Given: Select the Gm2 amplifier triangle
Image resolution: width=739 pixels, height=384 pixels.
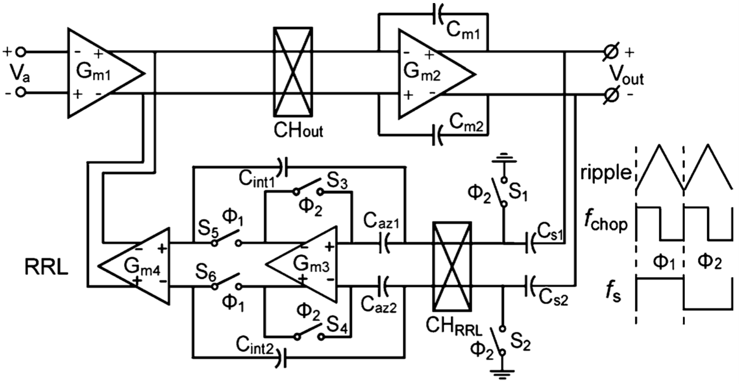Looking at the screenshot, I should [430, 74].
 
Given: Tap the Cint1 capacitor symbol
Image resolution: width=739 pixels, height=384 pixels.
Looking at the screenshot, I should [283, 167].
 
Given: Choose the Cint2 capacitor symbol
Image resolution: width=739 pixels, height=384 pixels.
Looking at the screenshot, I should [283, 359].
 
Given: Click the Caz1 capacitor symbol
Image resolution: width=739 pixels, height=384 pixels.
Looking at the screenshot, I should [384, 243].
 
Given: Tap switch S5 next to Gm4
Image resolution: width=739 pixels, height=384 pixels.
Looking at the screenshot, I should [226, 240].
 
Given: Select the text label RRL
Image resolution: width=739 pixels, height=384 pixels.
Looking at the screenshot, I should [46, 267].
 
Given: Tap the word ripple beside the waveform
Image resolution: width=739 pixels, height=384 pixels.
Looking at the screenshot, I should [606, 173].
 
